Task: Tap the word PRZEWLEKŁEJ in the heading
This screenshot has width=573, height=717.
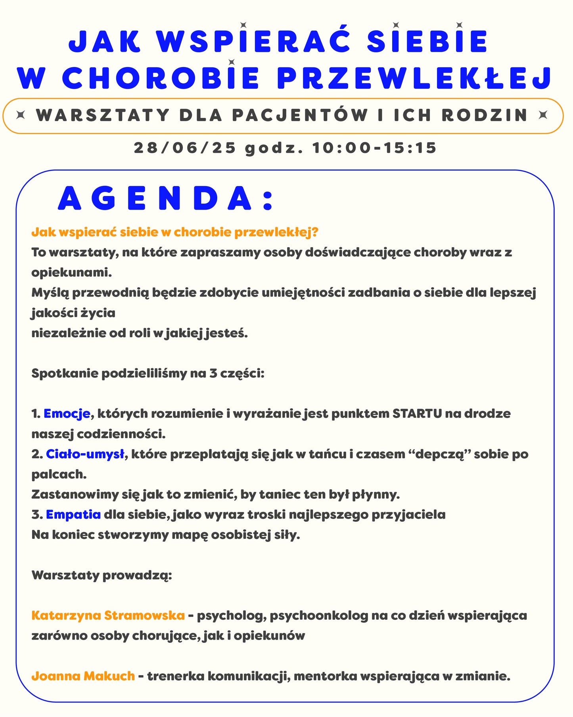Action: pyautogui.click(x=414, y=78)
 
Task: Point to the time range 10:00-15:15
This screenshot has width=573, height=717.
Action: pyautogui.click(x=374, y=148)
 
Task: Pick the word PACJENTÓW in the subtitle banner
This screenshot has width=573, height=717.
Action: pyautogui.click(x=300, y=115)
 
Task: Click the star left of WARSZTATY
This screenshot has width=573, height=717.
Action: pyautogui.click(x=21, y=115)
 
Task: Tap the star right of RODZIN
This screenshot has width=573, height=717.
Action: pyautogui.click(x=543, y=115)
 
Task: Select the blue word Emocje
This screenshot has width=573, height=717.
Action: pyautogui.click(x=67, y=414)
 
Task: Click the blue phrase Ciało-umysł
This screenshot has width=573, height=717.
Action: pyautogui.click(x=85, y=454)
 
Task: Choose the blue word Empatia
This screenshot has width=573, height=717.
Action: pyautogui.click(x=73, y=515)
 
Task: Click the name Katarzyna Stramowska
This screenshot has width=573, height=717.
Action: pyautogui.click(x=108, y=615)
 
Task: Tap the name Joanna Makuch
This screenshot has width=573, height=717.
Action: pyautogui.click(x=83, y=676)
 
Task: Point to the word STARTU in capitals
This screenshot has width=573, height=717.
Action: pyautogui.click(x=417, y=414)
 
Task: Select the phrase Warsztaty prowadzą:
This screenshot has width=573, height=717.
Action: pyautogui.click(x=102, y=575)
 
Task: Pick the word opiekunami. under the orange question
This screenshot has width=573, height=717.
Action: pyautogui.click(x=71, y=273)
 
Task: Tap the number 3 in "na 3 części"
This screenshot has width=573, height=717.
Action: pyautogui.click(x=213, y=373)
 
